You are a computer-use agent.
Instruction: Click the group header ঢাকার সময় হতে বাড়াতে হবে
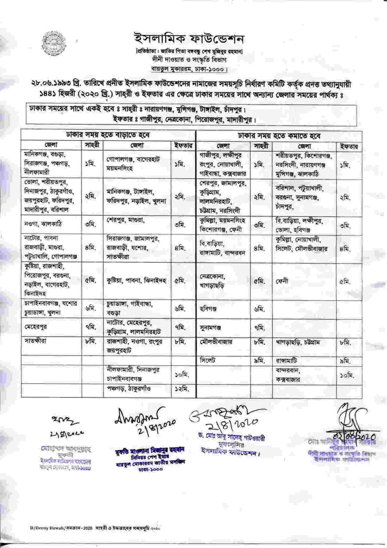108,135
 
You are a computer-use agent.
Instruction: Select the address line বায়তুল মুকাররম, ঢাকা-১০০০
189,68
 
